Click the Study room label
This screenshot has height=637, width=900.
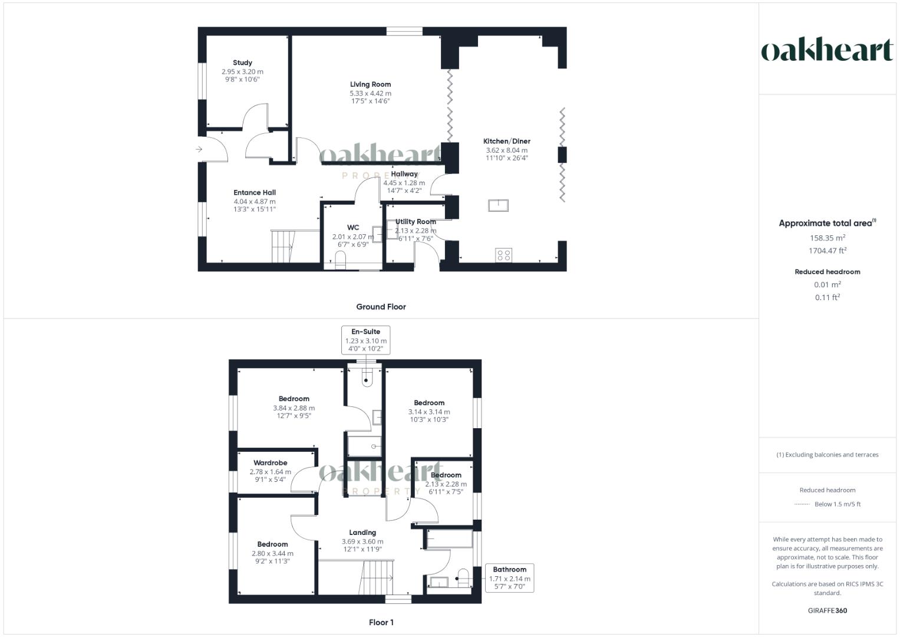click(x=242, y=63)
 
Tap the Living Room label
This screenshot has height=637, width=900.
click(x=370, y=84)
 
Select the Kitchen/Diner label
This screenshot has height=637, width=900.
click(x=506, y=142)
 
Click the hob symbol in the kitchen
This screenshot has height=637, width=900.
click(x=503, y=255)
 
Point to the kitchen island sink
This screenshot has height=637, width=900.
click(x=499, y=205)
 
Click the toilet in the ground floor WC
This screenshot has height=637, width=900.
click(x=340, y=259)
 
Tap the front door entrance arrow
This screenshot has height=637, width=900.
click(x=199, y=149)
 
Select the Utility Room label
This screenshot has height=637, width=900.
click(x=416, y=222)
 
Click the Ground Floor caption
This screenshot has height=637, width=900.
click(x=381, y=307)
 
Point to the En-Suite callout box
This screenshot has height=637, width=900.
click(x=365, y=340)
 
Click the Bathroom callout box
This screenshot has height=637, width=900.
click(x=509, y=578)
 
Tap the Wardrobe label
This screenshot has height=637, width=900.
click(x=271, y=463)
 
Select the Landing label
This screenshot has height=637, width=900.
click(x=362, y=533)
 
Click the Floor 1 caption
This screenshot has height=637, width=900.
click(x=381, y=622)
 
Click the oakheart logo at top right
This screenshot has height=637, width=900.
click(x=827, y=50)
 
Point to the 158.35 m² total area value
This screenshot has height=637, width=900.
click(x=827, y=238)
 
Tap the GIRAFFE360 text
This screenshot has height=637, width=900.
click(x=827, y=610)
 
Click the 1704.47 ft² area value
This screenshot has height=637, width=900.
click(x=827, y=251)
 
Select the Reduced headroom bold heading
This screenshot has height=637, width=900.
click(x=827, y=272)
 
